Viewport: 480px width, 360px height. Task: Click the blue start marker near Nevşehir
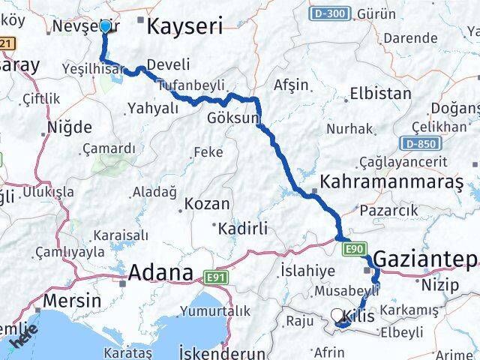[x=105, y=27]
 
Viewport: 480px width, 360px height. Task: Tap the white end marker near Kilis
[x=337, y=316]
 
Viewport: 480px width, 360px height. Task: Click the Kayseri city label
[x=185, y=28]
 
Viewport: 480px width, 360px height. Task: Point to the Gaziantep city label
[x=424, y=259]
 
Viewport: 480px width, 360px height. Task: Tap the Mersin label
[x=72, y=301]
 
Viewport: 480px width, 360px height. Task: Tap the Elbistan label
[x=380, y=94]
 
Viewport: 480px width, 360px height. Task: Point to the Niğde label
[x=70, y=126]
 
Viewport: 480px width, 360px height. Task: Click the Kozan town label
[x=207, y=203]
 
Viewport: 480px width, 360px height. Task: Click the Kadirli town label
[x=241, y=226]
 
